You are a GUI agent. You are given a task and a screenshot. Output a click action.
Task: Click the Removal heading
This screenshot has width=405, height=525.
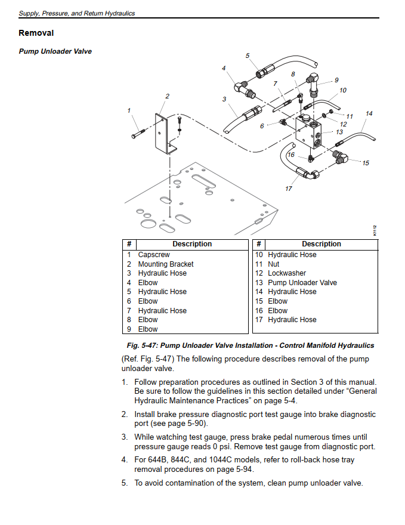click(36, 33)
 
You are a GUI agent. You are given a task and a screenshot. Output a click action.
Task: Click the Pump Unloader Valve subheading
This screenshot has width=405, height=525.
click(55, 51)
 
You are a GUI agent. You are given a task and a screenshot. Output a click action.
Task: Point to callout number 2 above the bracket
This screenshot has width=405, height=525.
click(167, 96)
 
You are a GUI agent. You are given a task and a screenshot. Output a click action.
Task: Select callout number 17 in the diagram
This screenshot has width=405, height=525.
click(289, 189)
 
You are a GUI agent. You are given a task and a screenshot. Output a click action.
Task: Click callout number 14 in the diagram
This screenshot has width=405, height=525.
click(369, 113)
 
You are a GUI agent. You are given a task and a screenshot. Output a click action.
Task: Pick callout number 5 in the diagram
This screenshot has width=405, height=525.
click(248, 55)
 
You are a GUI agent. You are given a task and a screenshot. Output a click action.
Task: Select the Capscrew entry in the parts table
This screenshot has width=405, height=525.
click(154, 255)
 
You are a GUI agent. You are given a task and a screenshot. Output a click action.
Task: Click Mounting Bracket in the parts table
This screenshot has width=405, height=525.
click(166, 264)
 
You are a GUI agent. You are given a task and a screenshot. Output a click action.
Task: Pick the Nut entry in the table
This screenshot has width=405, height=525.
click(274, 264)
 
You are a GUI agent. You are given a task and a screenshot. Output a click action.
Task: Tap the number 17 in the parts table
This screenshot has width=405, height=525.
click(259, 320)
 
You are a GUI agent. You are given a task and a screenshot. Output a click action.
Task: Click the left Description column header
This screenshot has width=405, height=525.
click(192, 244)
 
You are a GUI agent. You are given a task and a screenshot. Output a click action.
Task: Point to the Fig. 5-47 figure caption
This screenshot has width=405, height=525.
click(250, 345)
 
